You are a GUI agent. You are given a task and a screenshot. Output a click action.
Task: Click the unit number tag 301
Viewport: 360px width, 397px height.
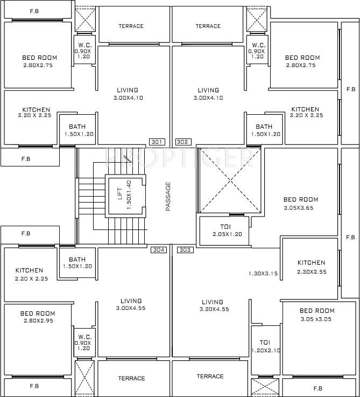[x=156, y=142]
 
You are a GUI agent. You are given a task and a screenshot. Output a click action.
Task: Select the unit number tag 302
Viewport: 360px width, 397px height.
[x=182, y=142]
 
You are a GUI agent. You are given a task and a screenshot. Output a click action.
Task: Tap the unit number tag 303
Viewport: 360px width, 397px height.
[x=185, y=250]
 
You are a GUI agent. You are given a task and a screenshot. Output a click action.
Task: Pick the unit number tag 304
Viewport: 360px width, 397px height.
[x=158, y=250]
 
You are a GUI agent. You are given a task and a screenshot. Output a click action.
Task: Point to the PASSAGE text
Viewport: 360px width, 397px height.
[x=168, y=196]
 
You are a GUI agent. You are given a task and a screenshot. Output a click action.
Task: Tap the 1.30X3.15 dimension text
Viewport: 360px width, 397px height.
[x=263, y=274]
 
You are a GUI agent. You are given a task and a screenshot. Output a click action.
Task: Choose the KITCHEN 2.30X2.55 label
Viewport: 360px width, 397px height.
[x=312, y=267]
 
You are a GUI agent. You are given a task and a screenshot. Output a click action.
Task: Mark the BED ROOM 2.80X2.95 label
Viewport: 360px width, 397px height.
[x=38, y=317]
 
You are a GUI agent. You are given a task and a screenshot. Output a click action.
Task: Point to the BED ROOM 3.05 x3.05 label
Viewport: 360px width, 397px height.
[x=317, y=314]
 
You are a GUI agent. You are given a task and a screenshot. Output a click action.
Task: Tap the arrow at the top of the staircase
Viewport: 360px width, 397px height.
[x=128, y=158]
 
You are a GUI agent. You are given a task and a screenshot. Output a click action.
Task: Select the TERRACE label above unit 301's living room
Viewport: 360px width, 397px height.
[x=131, y=26]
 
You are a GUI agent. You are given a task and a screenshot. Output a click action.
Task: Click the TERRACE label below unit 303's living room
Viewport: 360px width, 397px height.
[x=210, y=376]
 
